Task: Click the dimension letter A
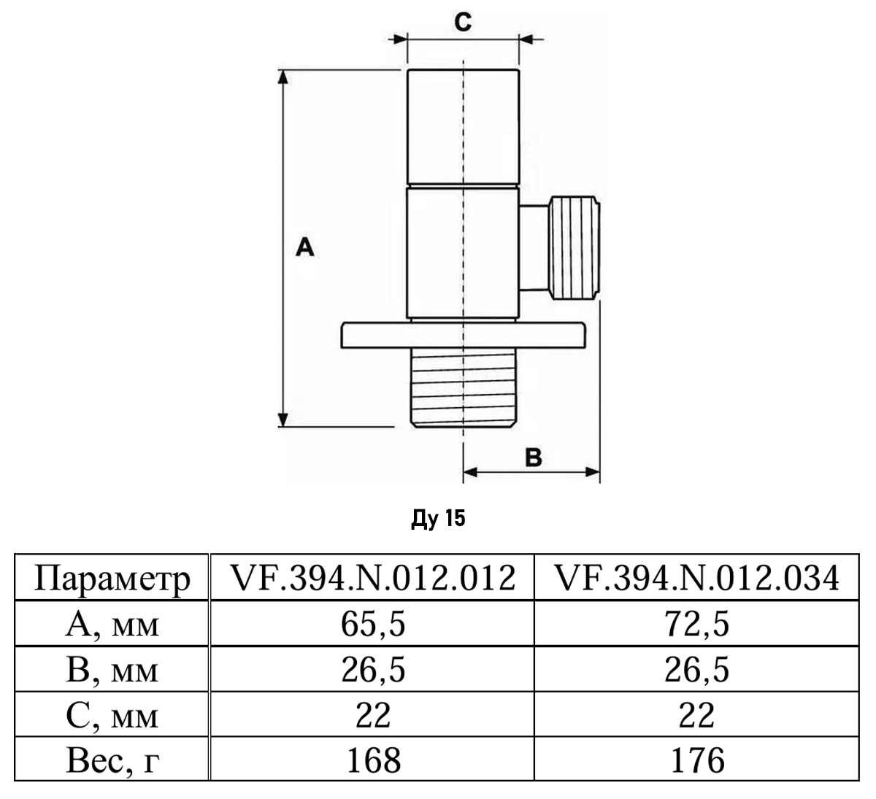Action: coord(305,248)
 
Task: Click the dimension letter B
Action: coord(534,458)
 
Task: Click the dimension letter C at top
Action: coord(463,23)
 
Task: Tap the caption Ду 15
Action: coord(438,519)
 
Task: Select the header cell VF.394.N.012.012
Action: coord(372,579)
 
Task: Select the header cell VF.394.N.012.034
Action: coord(696,579)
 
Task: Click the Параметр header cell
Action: coord(112,579)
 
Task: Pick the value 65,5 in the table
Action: coord(372,625)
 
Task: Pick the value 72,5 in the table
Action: coord(696,625)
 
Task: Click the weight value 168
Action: coord(372,760)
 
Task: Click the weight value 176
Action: coord(696,760)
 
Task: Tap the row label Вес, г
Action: coord(112,760)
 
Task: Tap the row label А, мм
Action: coord(112,625)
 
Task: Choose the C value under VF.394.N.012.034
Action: coord(696,715)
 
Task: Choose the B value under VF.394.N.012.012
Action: coord(372,670)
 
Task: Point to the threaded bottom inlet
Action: coord(463,390)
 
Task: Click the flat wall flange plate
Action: coord(463,335)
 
